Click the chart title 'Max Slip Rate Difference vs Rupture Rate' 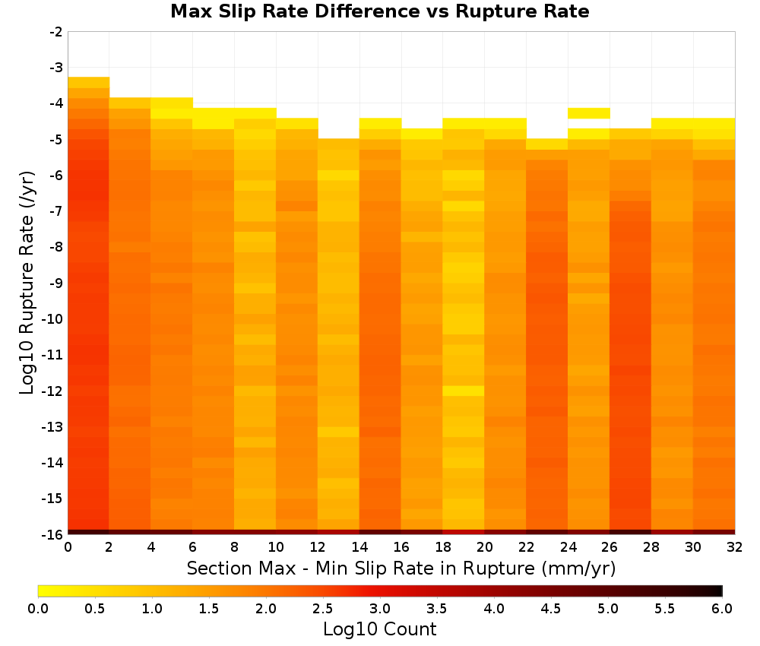[379, 11]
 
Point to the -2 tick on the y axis [56, 32]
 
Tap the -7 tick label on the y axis [56, 211]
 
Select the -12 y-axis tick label [53, 391]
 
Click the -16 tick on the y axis [53, 534]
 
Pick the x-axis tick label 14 [359, 547]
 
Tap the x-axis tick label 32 [735, 547]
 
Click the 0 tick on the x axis [68, 547]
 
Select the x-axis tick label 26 [610, 547]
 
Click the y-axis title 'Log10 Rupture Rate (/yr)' [27, 283]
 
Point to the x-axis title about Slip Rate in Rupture [401, 568]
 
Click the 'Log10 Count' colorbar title [379, 629]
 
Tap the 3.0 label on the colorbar [379, 608]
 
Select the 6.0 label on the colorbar [722, 608]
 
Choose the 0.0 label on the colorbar [38, 608]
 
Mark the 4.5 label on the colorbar [550, 608]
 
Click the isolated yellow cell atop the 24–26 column [588, 113]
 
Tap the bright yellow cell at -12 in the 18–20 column [464, 391]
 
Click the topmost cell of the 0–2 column [89, 82]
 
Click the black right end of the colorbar [717, 591]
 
